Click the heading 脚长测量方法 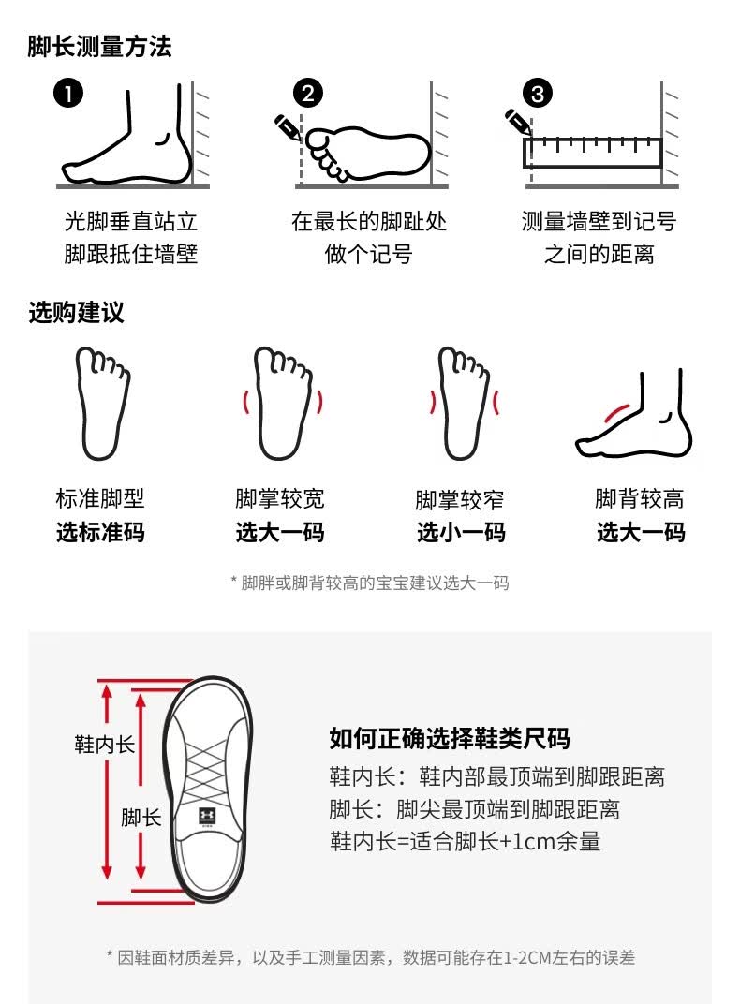point(100,47)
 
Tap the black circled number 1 point(68,94)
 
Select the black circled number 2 point(308,94)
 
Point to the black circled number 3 point(538,94)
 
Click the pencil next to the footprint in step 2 point(288,127)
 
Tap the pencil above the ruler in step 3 point(518,123)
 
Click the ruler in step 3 point(593,153)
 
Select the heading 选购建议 point(76,313)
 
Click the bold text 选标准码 point(100,532)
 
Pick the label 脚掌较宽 point(280,499)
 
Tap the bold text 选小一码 point(461,532)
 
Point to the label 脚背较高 point(640,499)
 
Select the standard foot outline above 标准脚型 point(103,403)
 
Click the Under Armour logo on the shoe point(207,815)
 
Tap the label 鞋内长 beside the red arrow point(104,744)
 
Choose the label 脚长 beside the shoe point(141,818)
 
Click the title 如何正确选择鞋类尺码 point(450,738)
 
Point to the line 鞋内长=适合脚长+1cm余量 point(466,841)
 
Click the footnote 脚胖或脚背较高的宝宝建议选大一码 point(370,583)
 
